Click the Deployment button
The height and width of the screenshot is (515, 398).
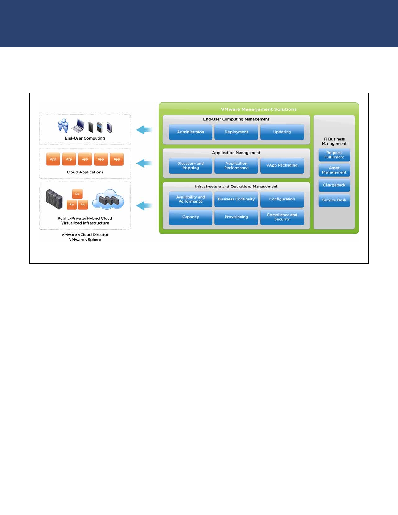pos(236,132)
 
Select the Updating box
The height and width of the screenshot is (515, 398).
pos(282,132)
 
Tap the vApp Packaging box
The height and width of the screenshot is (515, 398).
pos(282,165)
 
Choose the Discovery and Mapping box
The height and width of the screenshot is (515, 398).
pos(190,165)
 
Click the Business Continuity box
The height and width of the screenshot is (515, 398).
pos(236,199)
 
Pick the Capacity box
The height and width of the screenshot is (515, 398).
pos(190,217)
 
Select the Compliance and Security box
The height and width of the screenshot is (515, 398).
pos(282,217)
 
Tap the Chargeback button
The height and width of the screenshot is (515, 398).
pos(334,185)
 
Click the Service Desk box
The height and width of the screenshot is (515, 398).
pos(334,200)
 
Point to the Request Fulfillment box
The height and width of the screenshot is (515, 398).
pos(334,155)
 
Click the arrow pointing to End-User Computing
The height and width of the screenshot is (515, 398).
pos(144,130)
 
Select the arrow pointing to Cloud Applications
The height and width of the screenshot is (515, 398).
pos(144,163)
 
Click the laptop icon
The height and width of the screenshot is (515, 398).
pos(78,125)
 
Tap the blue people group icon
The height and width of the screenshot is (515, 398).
pos(63,125)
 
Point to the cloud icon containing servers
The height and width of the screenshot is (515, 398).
pos(108,199)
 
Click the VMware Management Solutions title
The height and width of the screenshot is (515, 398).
pos(259,109)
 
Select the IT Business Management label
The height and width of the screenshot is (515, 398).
pos(334,141)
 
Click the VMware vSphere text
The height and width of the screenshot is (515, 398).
pos(85,240)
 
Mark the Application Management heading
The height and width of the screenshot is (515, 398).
pos(236,153)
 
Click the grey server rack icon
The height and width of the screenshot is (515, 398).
pos(54,199)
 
